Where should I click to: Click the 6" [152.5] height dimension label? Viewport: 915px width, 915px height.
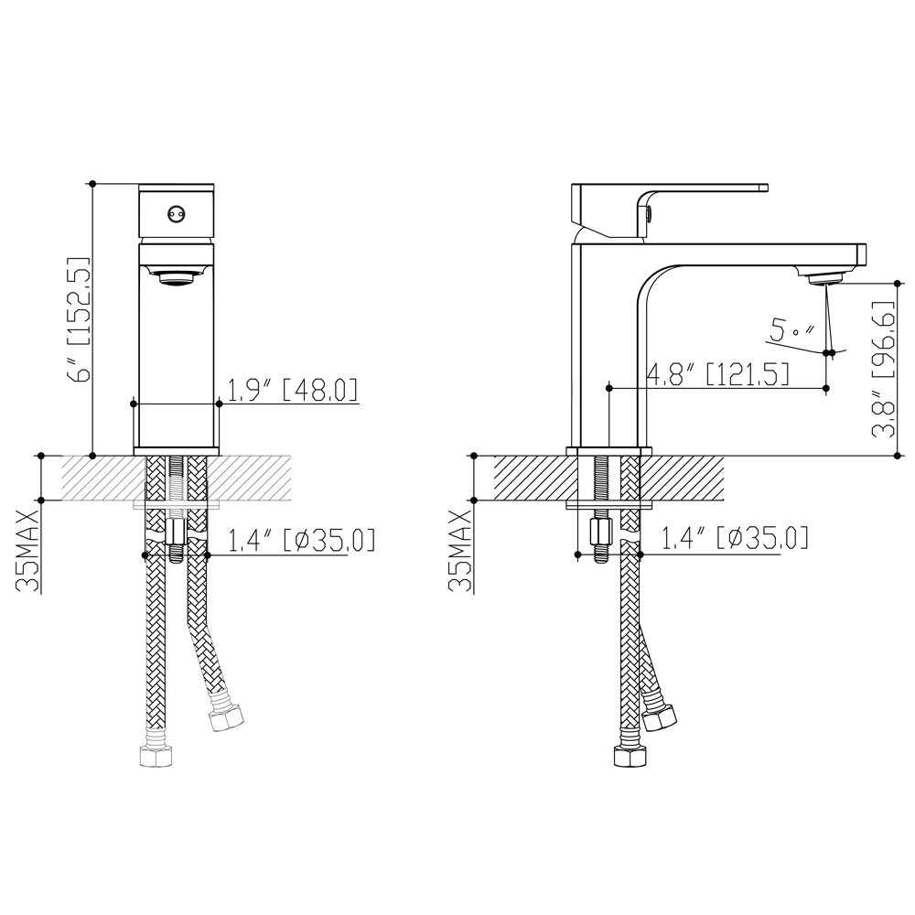pyautogui.click(x=81, y=318)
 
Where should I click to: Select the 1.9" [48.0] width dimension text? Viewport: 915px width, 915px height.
pyautogui.click(x=293, y=390)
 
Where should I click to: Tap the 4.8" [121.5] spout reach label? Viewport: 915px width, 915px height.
pyautogui.click(x=718, y=373)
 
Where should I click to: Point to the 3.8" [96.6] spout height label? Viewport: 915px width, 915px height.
pyautogui.click(x=884, y=370)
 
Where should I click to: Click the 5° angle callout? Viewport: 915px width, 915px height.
pyautogui.click(x=792, y=330)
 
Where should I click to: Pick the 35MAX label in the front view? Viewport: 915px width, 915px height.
pyautogui.click(x=28, y=551)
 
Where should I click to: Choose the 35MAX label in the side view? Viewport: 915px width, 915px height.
pyautogui.click(x=461, y=551)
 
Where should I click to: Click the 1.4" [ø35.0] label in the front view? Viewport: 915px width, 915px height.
pyautogui.click(x=301, y=541)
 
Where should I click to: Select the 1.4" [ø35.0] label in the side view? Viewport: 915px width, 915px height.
pyautogui.click(x=735, y=537)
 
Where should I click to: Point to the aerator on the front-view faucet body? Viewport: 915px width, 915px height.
pyautogui.click(x=177, y=276)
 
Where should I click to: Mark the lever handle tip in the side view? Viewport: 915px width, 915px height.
pyautogui.click(x=766, y=188)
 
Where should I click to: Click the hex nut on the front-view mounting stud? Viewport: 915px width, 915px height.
pyautogui.click(x=176, y=532)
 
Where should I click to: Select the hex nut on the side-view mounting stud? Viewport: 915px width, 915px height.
pyautogui.click(x=600, y=531)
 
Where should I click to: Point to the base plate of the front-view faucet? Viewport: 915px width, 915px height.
pyautogui.click(x=177, y=451)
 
